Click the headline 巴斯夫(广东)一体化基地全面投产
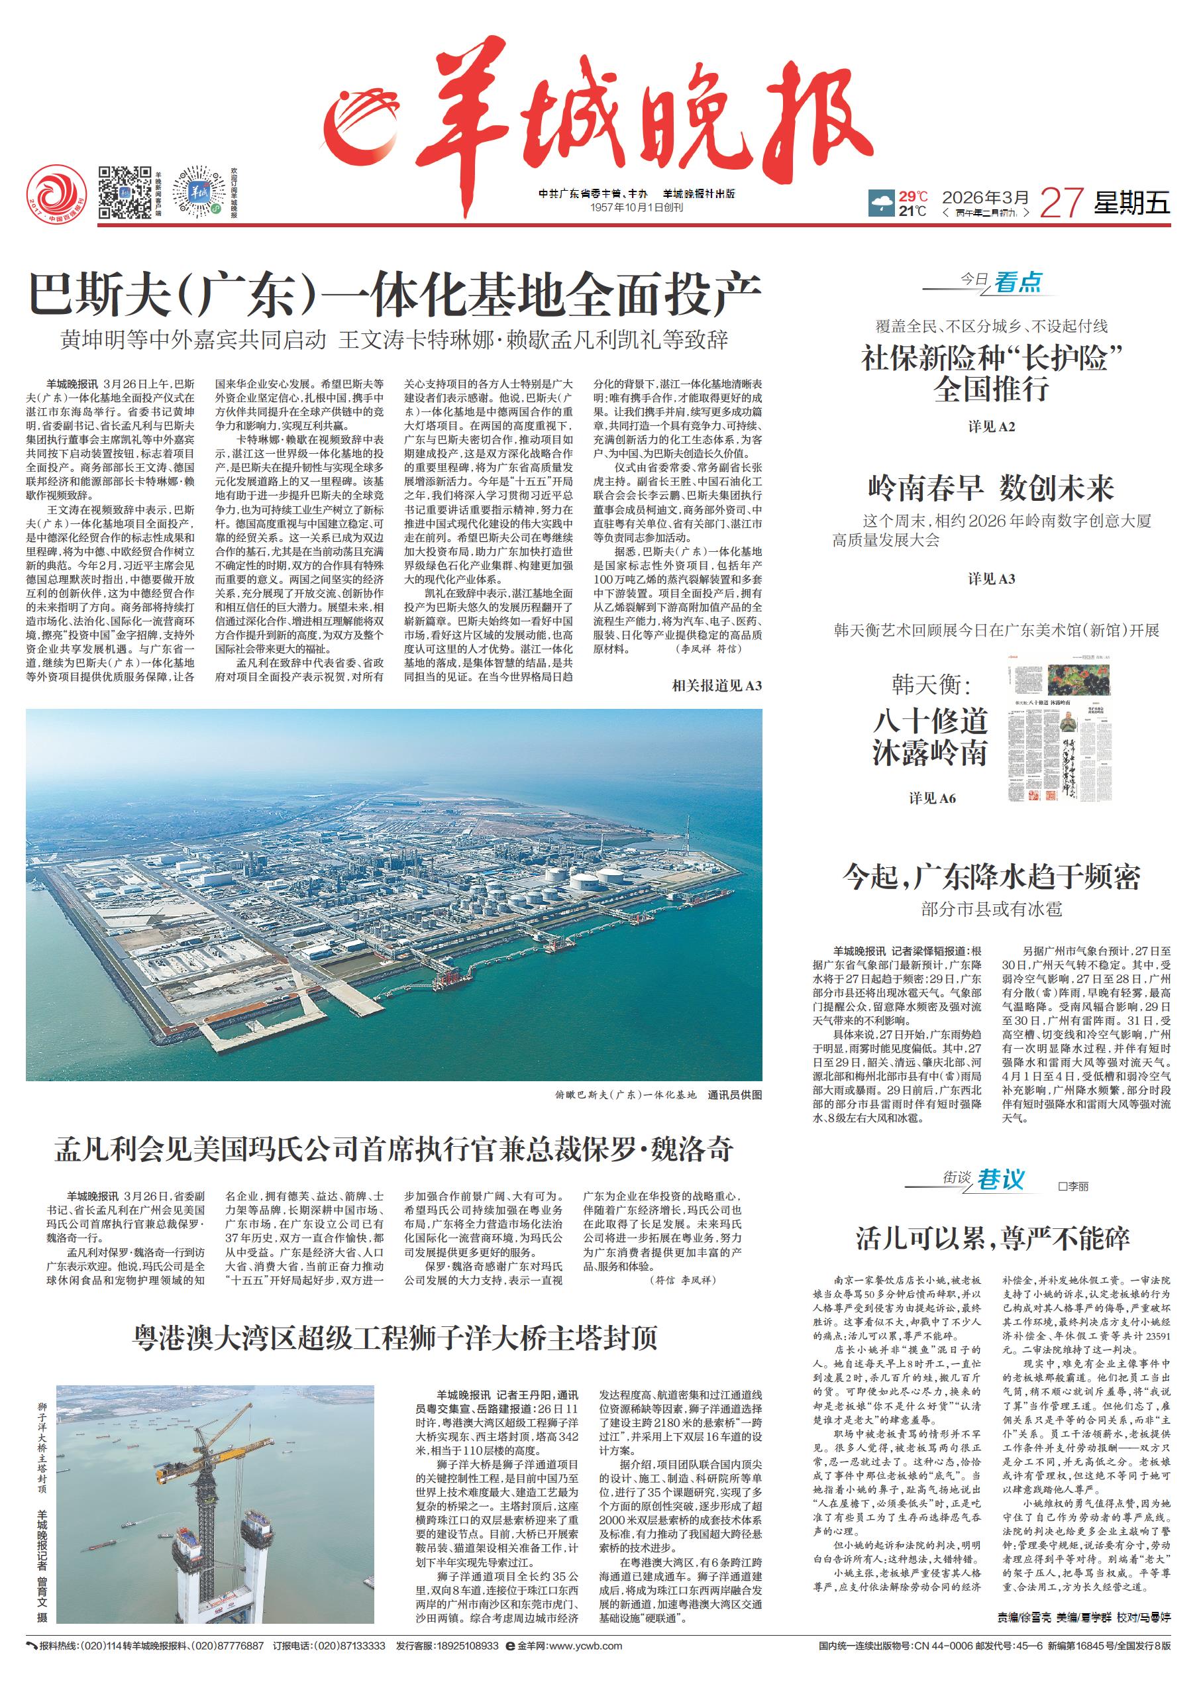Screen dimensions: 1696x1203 point(394,295)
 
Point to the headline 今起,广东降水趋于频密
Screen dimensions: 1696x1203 point(991,877)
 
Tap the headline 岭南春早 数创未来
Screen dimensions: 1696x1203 point(991,488)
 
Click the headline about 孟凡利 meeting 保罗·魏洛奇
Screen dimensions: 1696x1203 point(394,1149)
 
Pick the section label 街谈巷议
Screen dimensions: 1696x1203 point(984,1180)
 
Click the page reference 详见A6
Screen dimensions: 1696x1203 point(932,798)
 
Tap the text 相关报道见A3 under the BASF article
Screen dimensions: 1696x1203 point(716,686)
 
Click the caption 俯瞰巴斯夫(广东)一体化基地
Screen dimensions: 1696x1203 point(625,1095)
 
